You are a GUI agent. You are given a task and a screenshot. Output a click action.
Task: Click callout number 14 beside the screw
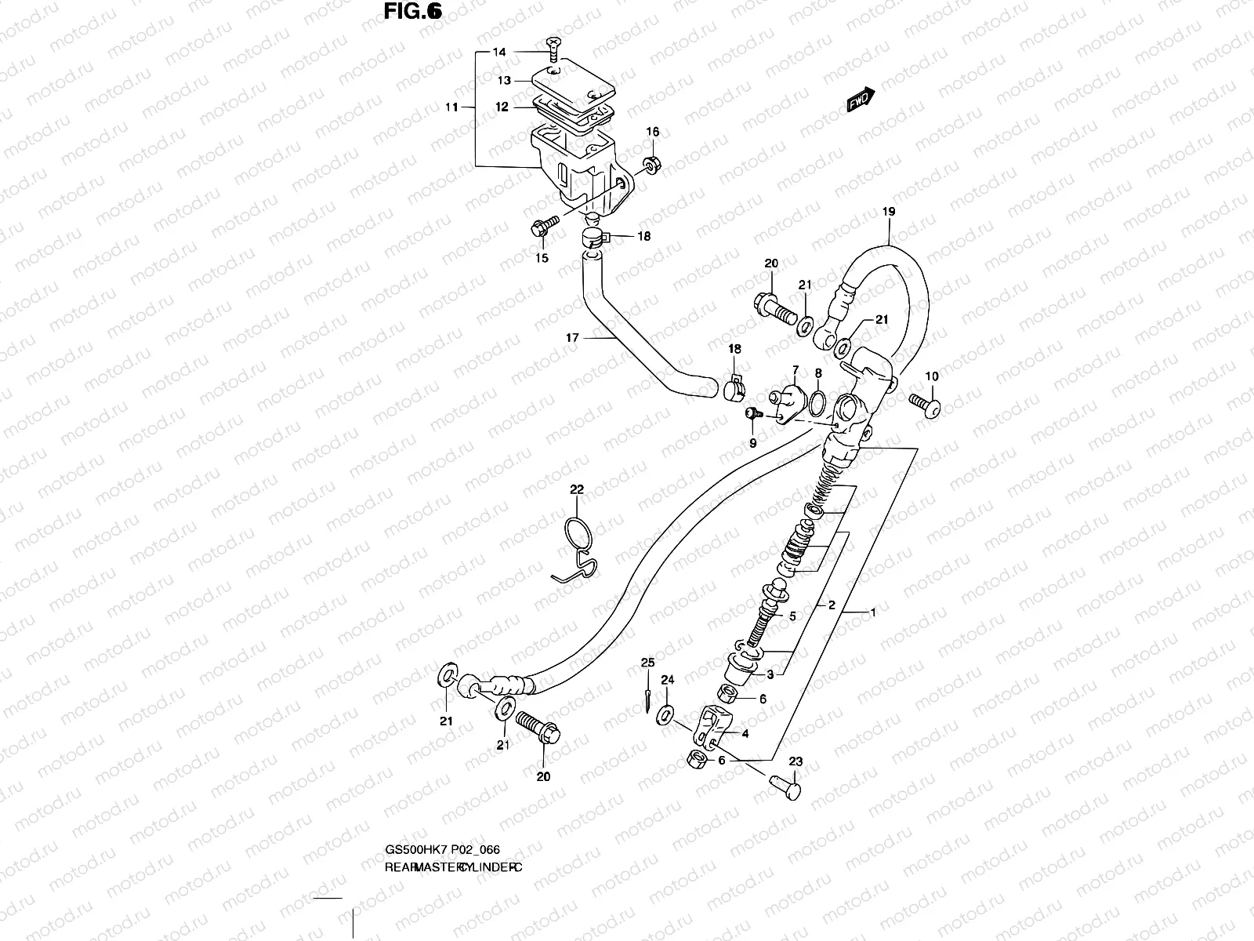click(x=499, y=53)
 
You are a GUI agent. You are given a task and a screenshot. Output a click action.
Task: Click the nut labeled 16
click(x=651, y=165)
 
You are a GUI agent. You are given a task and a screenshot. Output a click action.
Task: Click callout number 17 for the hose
click(x=572, y=338)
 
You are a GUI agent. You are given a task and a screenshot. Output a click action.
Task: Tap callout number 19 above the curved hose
click(x=888, y=212)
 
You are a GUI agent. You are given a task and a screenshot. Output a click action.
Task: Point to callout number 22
click(x=577, y=489)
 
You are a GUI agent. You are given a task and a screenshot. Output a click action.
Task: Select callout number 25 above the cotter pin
click(x=647, y=663)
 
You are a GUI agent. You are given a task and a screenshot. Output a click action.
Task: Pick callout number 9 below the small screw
click(x=752, y=443)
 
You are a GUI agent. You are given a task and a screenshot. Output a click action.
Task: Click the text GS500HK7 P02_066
click(x=443, y=850)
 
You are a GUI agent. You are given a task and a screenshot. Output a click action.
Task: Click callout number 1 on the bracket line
click(x=872, y=612)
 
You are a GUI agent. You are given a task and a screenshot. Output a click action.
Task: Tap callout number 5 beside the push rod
click(x=792, y=617)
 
